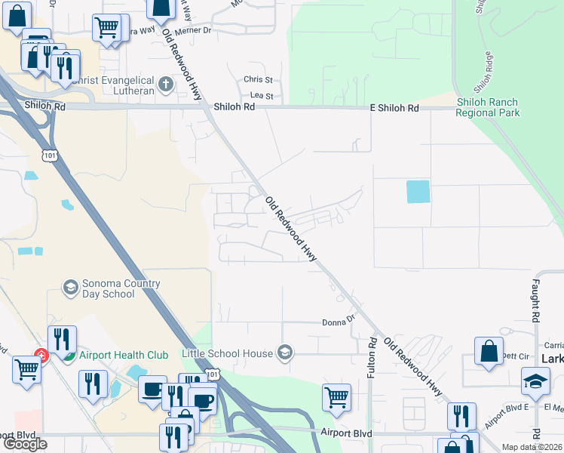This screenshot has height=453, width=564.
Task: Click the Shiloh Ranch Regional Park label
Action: tap(487, 107)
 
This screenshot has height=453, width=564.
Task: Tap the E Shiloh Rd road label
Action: tap(394, 109)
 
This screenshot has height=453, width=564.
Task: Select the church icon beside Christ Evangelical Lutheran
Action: tap(166, 84)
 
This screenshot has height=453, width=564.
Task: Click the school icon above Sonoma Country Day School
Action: tap(70, 287)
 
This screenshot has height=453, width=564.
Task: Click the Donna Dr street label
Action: tap(339, 321)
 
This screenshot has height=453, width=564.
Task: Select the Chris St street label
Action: tap(257, 79)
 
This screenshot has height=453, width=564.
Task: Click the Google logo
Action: tap(25, 444)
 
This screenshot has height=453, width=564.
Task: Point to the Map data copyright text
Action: tap(532, 447)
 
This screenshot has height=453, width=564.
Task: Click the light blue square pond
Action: tap(418, 192)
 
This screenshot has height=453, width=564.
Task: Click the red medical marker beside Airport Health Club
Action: tap(42, 355)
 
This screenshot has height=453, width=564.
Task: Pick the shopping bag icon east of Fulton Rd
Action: tap(489, 350)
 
